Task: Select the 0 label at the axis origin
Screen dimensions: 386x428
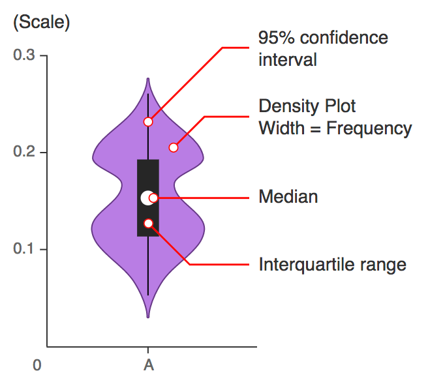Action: point(37,365)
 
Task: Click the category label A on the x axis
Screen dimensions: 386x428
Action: point(149,365)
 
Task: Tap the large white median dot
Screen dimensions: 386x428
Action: point(147,198)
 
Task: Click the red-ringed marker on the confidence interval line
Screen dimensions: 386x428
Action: point(149,121)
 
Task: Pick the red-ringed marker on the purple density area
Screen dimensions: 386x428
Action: point(174,147)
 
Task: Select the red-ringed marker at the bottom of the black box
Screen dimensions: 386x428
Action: point(149,223)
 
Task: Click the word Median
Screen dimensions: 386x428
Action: point(288,196)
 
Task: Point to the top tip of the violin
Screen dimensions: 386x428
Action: point(149,80)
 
